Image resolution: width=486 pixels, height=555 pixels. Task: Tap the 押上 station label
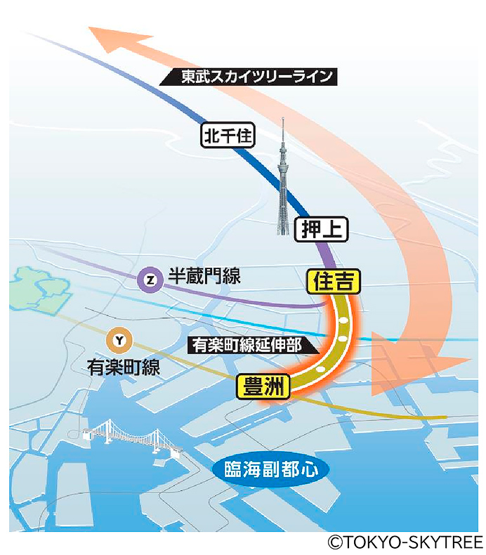pyautogui.click(x=321, y=229)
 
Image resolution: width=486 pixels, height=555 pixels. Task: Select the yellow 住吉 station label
pyautogui.click(x=334, y=282)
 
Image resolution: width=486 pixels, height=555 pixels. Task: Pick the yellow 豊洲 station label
pyautogui.click(x=263, y=387)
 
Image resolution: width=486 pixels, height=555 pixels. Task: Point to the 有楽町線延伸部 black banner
pyautogui.click(x=249, y=346)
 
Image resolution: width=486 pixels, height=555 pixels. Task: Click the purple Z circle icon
pyautogui.click(x=149, y=279)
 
